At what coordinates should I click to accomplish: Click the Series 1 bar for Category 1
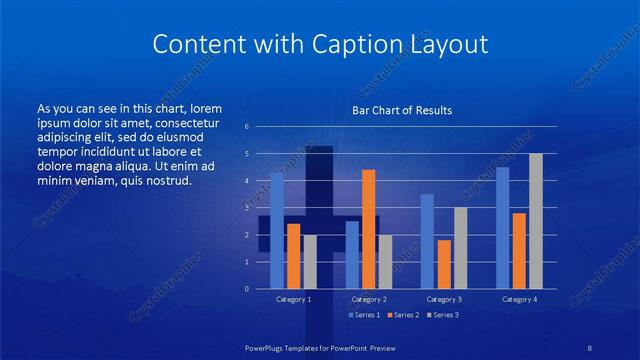277,230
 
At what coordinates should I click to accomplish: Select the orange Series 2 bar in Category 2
369,229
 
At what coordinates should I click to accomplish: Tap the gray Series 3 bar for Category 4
536,221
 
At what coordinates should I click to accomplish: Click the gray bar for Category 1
310,262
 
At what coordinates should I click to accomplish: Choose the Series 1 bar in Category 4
502,227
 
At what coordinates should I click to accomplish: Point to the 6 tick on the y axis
246,127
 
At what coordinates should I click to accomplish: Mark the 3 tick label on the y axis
246,208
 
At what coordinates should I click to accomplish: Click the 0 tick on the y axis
246,289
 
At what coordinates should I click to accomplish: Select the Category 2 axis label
369,299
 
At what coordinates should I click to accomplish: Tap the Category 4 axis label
519,299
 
